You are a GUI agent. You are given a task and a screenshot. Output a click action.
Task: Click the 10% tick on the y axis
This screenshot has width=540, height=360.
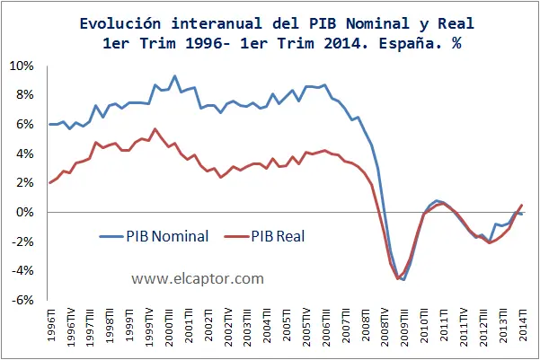22,66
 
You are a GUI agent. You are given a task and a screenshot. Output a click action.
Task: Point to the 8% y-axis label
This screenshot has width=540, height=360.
24,95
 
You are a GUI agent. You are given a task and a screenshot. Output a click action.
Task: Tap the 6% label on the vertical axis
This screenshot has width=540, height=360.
24,125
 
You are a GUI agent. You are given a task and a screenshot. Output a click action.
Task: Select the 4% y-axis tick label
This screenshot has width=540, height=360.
24,154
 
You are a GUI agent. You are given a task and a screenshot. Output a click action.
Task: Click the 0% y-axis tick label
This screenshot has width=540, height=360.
24,212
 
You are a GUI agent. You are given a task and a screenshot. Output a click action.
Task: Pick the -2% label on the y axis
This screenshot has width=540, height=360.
22,241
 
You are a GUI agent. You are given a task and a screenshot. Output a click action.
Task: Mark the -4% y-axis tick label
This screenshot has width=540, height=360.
22,270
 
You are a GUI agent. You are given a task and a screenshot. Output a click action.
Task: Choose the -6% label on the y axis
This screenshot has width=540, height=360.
22,300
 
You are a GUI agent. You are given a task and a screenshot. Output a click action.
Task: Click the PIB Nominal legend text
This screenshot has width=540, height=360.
169,236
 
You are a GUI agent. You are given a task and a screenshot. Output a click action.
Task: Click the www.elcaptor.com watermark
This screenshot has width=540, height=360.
197,279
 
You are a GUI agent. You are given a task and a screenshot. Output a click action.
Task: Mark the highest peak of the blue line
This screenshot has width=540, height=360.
174,76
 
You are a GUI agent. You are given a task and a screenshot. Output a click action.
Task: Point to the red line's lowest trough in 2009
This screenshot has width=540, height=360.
398,279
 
